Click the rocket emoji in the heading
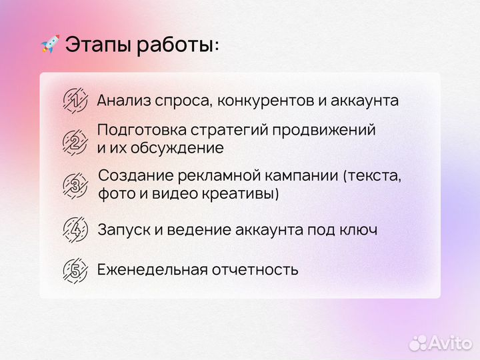[x=50, y=45]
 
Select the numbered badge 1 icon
[x=75, y=100]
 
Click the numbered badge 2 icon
[x=75, y=141]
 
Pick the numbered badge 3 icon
[x=75, y=185]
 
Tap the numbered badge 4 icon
[x=75, y=229]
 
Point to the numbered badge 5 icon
[x=75, y=270]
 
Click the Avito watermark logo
[x=441, y=342]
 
